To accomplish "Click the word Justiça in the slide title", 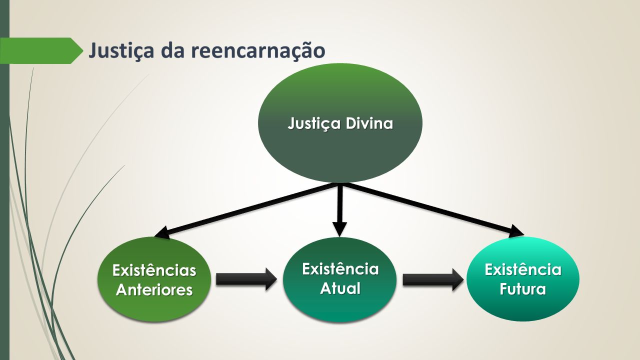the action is point(121,51).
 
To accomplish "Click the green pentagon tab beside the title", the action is point(41,50).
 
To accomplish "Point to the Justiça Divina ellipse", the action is point(340,123).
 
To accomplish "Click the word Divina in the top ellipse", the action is point(369,123).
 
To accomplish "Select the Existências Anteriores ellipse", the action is point(154,279).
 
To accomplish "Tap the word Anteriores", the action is point(154,289).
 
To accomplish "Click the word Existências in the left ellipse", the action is point(154,270).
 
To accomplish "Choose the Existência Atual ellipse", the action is point(339,279).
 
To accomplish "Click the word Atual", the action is point(340,288).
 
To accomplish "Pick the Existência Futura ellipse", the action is point(523,278).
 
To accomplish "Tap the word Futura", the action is point(522,289).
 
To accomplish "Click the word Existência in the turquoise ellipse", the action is point(523,269).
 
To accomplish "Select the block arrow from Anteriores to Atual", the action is point(246,279).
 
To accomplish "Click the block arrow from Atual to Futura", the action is point(433,279).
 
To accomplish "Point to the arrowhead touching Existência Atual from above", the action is point(339,229).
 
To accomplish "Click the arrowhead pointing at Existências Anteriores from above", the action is point(162,232).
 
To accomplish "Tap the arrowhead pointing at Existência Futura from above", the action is point(516,231).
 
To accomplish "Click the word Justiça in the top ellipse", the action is point(314,124).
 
